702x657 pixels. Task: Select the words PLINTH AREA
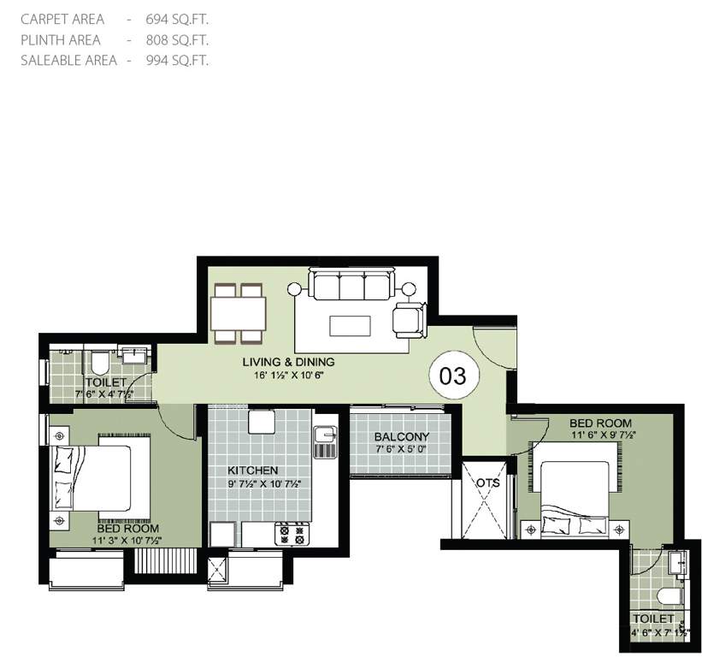61,39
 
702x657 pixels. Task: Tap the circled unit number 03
452,376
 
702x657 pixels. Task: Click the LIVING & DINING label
287,362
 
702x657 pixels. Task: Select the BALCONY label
401,437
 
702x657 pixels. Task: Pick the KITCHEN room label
252,471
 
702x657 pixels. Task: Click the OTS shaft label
487,482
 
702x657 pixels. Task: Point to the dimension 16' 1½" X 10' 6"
287,375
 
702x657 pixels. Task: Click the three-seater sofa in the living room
352,284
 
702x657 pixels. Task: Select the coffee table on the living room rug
351,326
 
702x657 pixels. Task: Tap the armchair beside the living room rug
408,320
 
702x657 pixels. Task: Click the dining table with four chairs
239,313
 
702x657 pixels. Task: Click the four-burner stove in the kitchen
290,534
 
